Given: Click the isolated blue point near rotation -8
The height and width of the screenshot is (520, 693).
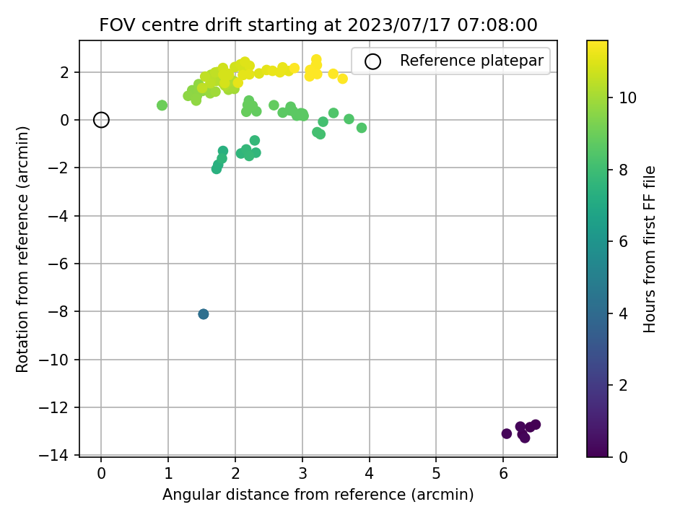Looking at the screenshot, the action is (204, 314).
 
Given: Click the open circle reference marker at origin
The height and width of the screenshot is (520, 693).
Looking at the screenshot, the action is (101, 120).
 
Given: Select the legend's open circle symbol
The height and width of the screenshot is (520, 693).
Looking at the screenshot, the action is (372, 61).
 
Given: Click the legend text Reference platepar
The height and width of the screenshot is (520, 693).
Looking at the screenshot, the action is (471, 61).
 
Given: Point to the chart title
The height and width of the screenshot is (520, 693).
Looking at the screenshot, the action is (318, 25).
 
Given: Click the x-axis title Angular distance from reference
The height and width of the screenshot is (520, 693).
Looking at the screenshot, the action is (318, 494).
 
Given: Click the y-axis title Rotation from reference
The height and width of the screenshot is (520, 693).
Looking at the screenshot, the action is (22, 249).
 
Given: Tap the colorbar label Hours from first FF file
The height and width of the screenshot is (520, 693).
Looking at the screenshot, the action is (649, 249).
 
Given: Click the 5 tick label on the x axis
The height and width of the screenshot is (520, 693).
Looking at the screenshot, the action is (436, 474).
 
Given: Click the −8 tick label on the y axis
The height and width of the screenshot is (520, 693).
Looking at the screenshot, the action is (58, 311).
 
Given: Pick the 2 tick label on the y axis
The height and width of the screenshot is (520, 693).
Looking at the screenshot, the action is (64, 72).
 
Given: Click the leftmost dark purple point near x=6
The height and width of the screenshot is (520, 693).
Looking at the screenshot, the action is (507, 434).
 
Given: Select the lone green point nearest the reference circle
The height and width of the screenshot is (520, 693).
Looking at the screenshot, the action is (162, 105).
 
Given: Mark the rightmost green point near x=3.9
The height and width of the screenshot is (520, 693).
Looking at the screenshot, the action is (362, 128).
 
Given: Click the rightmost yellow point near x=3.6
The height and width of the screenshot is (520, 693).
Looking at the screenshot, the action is (342, 79).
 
